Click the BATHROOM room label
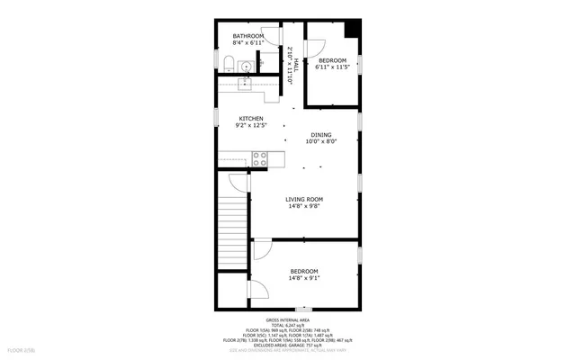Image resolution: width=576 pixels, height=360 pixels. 248,36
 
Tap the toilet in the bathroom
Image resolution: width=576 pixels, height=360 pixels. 228,63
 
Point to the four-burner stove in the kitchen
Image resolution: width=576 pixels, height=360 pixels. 259,159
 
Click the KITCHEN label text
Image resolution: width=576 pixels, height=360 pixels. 250,119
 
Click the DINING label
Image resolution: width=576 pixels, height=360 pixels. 320,135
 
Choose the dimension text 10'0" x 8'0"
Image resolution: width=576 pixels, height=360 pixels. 320,141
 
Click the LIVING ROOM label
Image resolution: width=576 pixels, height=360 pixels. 304,199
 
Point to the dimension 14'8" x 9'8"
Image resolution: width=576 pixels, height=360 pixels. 304,206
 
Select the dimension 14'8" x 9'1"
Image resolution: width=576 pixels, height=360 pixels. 304,278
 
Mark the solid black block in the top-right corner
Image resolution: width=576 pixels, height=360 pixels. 352,28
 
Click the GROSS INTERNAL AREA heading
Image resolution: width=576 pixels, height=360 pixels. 288,320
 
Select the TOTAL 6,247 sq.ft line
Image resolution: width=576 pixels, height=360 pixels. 288,326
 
